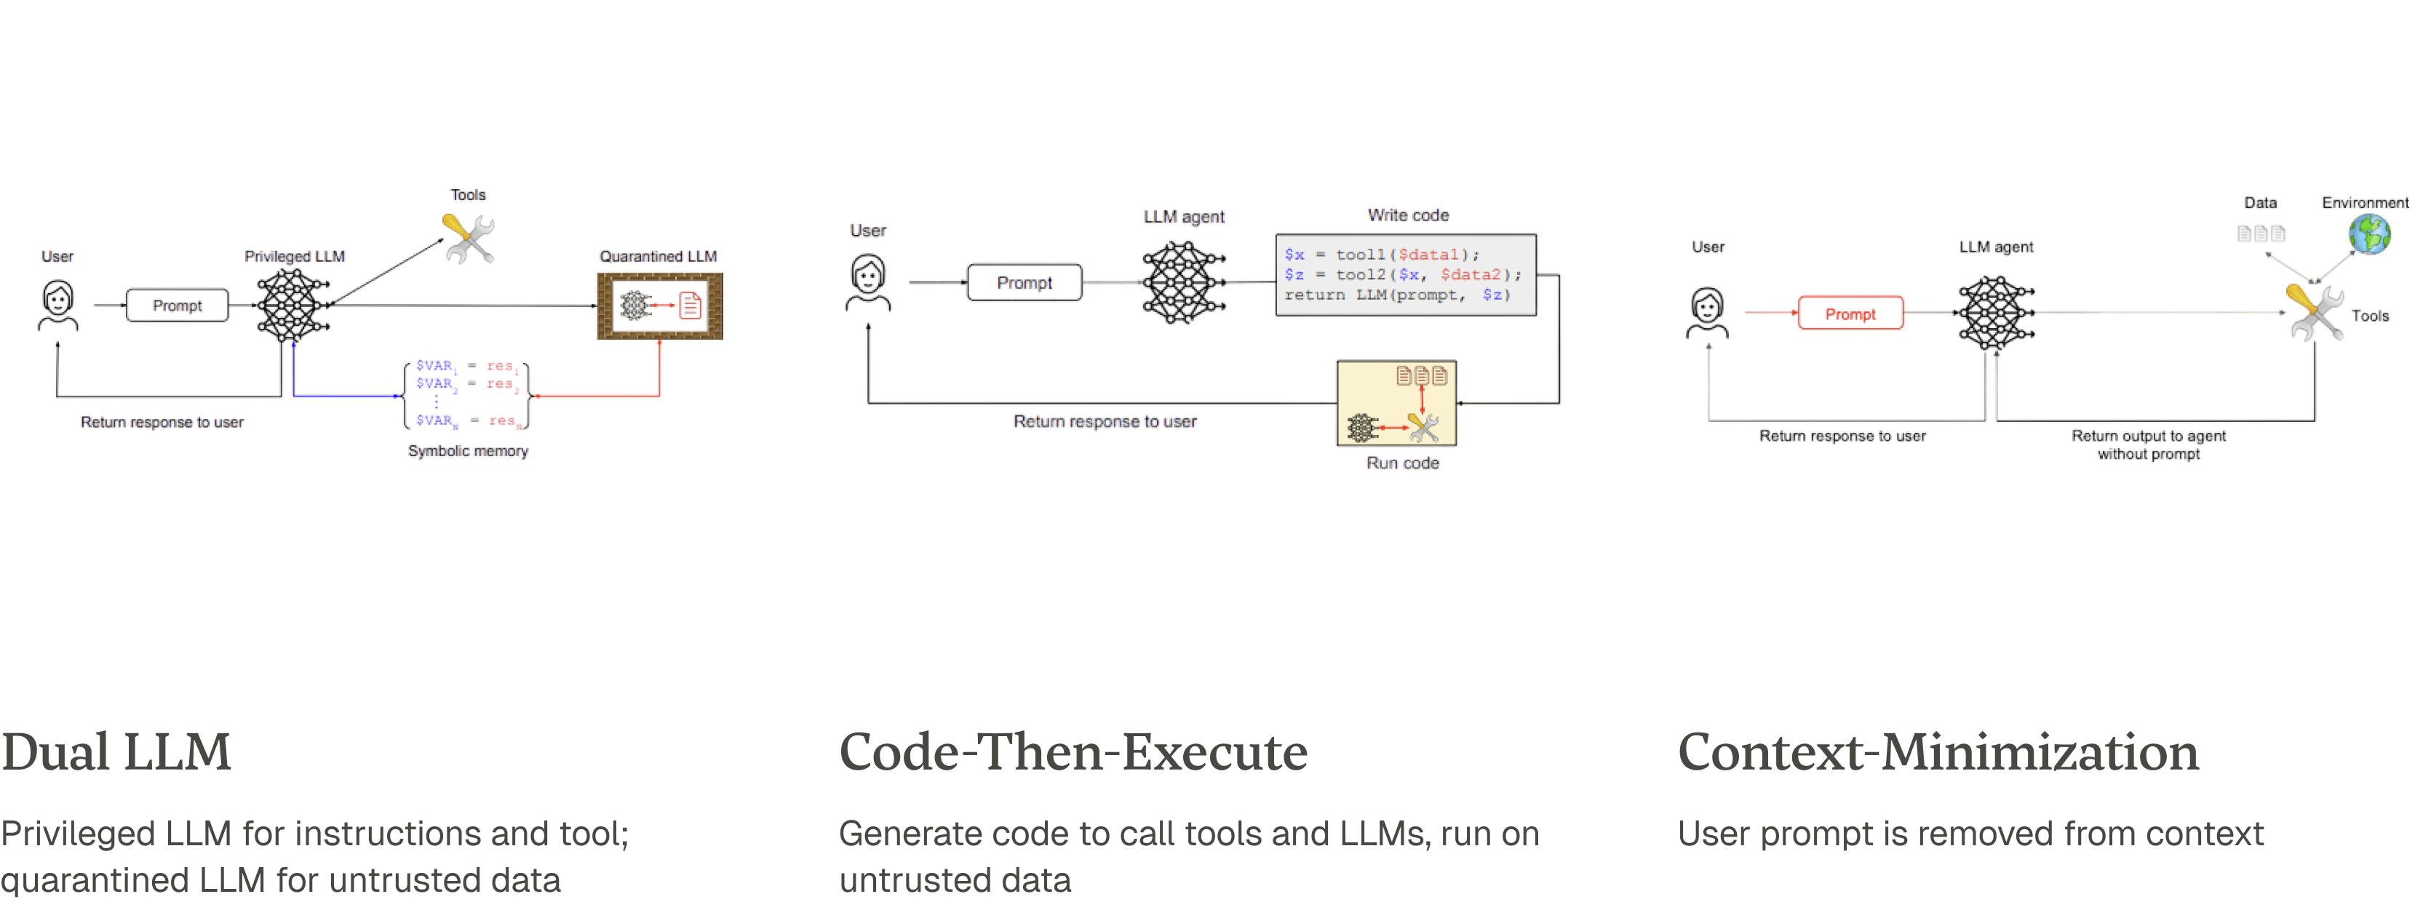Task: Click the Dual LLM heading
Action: [116, 752]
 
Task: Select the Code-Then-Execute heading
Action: [1073, 752]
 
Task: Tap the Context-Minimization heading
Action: [1938, 752]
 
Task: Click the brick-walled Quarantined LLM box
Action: [659, 306]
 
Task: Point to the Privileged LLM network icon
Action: [288, 305]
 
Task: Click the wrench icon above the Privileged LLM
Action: [469, 239]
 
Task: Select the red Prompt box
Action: [1850, 314]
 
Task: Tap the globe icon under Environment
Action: [2368, 235]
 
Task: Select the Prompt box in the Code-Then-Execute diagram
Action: [1024, 283]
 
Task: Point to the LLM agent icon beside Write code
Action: [1182, 282]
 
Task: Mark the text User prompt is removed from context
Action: [1970, 834]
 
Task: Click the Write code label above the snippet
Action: [1407, 215]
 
